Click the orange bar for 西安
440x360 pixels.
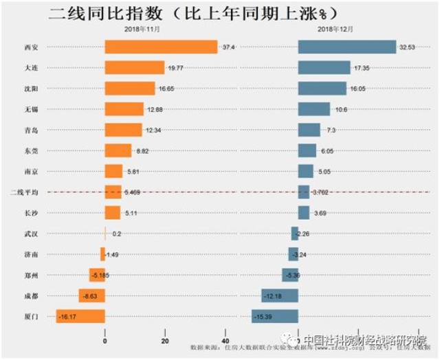click(161, 47)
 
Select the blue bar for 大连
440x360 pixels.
click(324, 68)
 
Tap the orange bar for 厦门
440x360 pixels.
click(80, 317)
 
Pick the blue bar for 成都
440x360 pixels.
click(279, 295)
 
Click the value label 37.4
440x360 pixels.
click(229, 47)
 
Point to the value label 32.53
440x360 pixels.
click(407, 47)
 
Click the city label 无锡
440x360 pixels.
click(30, 109)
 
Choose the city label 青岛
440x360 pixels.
click(30, 130)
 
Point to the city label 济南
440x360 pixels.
click(30, 254)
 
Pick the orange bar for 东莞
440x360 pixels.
click(118, 150)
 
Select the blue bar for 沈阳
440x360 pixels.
click(322, 89)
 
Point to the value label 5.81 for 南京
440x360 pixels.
click(132, 171)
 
